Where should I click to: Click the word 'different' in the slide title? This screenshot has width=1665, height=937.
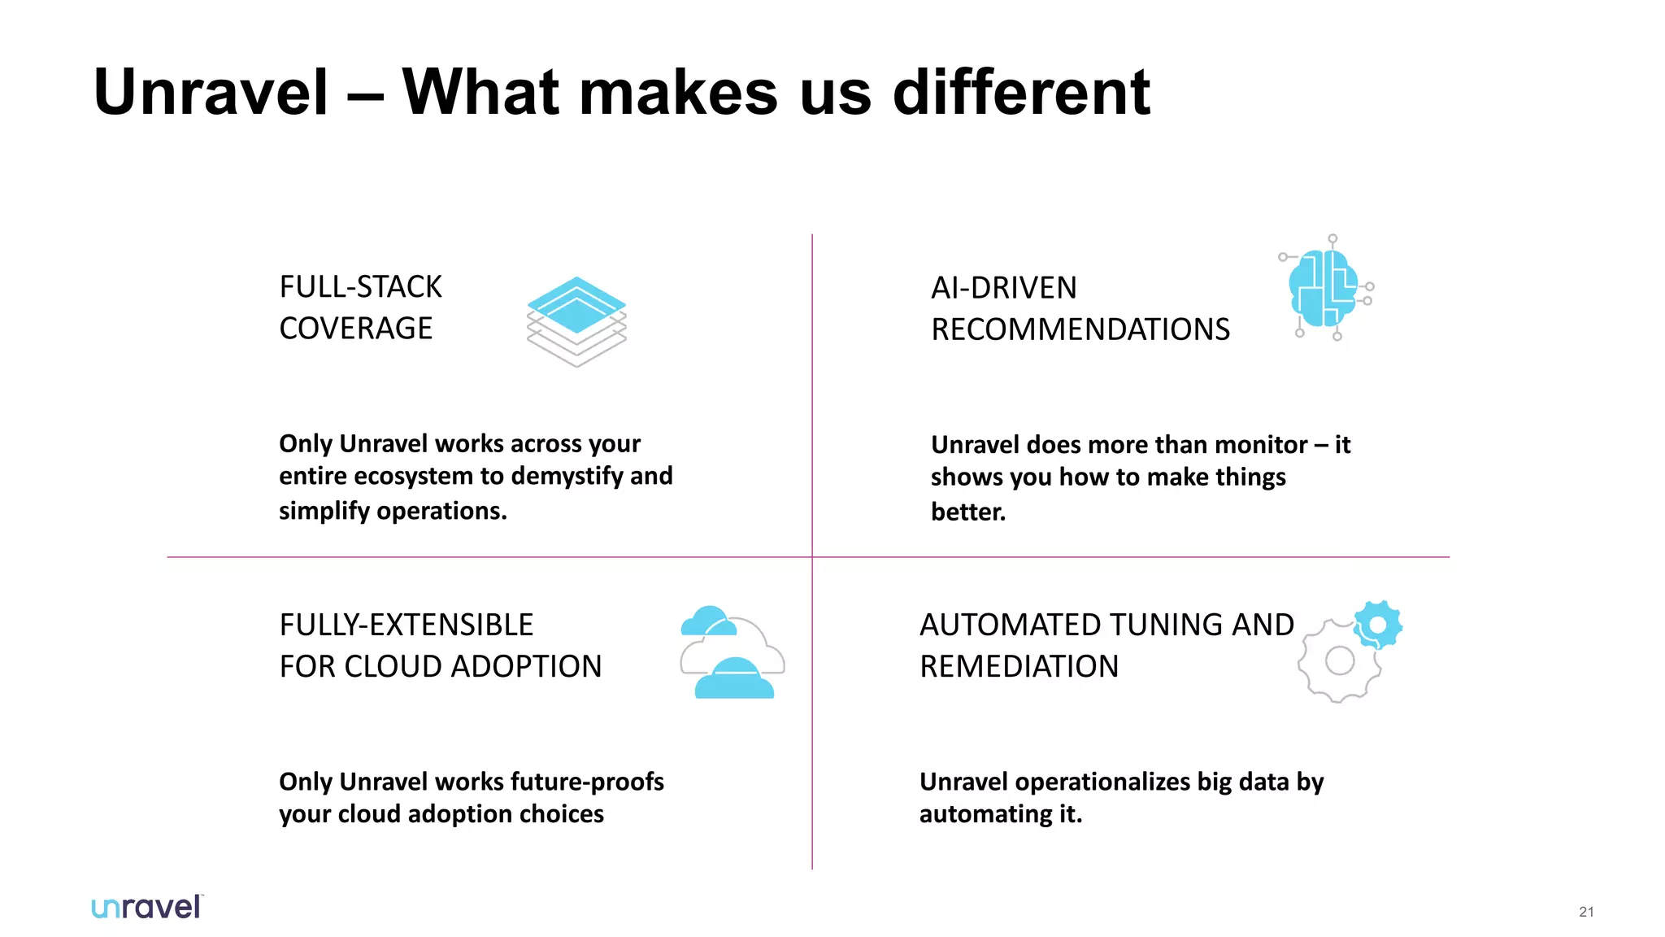pos(1021,92)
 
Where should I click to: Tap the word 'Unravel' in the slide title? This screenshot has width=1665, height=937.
pos(211,92)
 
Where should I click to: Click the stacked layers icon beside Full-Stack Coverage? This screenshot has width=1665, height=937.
pos(576,321)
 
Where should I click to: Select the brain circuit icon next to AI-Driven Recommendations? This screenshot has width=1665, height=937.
pos(1325,289)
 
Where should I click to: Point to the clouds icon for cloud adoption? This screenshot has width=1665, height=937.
pos(732,652)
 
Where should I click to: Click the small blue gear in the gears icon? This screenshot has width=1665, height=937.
pos(1377,625)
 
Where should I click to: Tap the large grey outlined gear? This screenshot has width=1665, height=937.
pos(1339,660)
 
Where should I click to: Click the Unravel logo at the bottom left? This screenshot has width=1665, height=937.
pos(147,907)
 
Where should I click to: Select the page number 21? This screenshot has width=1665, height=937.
pos(1586,912)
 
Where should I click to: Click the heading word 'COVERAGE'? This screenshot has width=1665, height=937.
pos(355,329)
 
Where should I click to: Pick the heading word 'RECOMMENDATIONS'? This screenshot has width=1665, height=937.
pos(1080,329)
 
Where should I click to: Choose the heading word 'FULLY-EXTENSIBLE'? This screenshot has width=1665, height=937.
pos(406,625)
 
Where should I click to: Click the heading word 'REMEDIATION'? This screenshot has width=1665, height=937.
pos(1019,666)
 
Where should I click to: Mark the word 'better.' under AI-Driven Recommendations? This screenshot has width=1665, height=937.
pos(967,512)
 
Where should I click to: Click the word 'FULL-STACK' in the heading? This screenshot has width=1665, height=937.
pos(360,287)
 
